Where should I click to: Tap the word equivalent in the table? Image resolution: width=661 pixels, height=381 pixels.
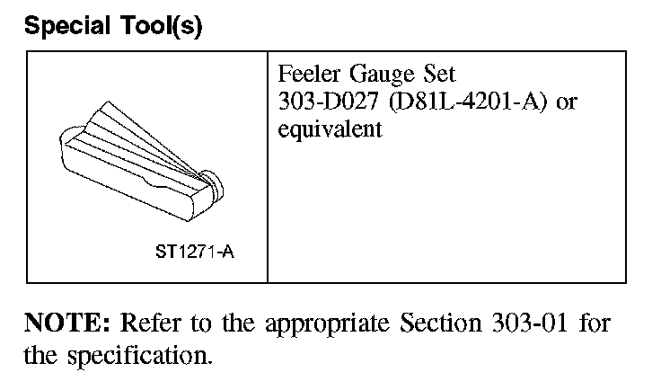point(330,128)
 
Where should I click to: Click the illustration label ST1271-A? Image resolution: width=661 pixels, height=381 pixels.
point(195,252)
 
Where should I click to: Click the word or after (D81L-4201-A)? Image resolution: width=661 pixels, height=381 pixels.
point(566,102)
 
